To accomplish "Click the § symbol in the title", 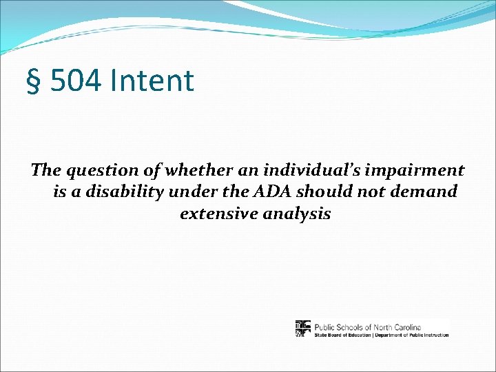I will click(x=32, y=81).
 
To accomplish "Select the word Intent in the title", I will click(x=152, y=81).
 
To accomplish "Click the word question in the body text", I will click(x=94, y=170).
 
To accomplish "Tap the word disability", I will click(x=121, y=192).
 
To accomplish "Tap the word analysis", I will click(x=297, y=214).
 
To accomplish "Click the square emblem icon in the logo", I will click(x=303, y=329).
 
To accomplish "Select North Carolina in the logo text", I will click(x=395, y=326).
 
